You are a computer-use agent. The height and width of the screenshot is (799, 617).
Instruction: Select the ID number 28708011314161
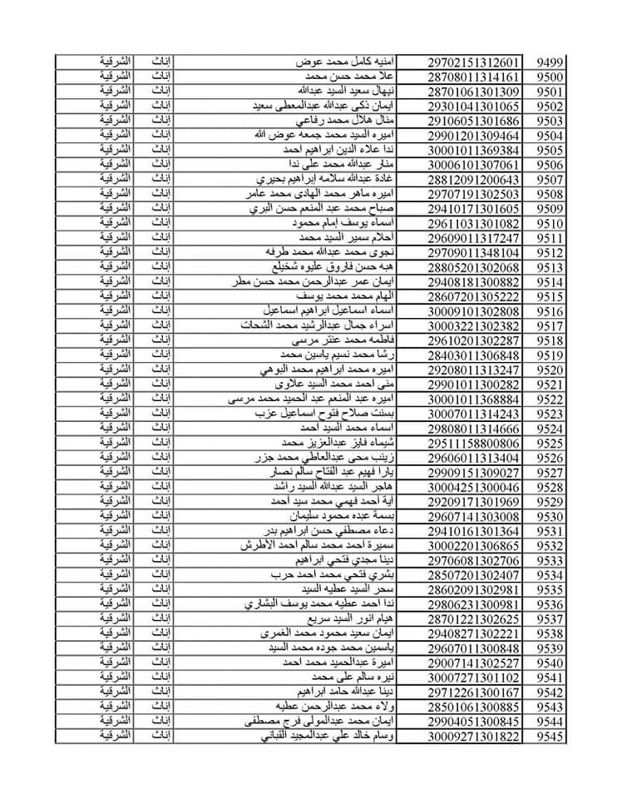[x=475, y=77]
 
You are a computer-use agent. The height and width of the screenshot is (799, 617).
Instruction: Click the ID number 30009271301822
[x=475, y=737]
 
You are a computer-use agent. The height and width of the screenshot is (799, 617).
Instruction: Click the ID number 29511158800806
[x=475, y=444]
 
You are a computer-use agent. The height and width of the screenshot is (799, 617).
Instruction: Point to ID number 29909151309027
[x=475, y=473]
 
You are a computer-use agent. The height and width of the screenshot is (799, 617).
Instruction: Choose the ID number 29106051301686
[x=475, y=122]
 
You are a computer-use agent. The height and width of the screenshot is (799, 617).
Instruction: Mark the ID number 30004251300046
[x=475, y=488]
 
